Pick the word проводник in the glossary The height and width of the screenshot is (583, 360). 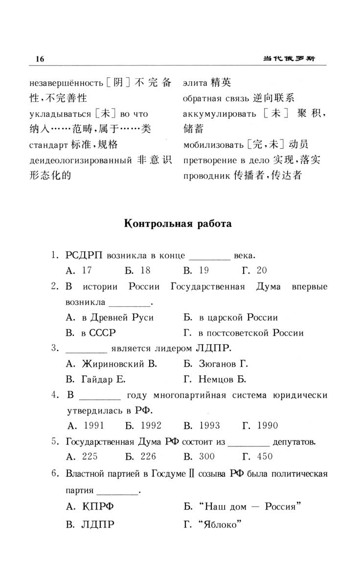pos(205,175)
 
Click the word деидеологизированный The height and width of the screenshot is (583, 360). pos(81,160)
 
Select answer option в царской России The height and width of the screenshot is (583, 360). pos(238,317)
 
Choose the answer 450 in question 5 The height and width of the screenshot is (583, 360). pos(265,456)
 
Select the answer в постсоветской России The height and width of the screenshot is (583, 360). pos(251,333)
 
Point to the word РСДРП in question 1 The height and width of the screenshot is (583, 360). pos(85,255)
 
